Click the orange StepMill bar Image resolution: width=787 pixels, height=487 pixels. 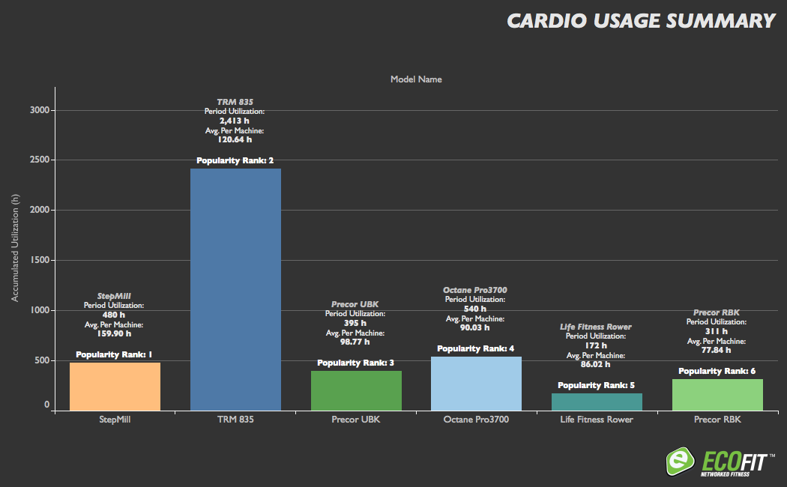click(x=115, y=387)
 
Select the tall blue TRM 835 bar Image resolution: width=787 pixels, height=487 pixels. click(x=235, y=289)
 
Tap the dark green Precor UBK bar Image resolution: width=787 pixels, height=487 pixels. click(x=356, y=390)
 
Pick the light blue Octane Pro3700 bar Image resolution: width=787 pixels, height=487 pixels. click(x=476, y=384)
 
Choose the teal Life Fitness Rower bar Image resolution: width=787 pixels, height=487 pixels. click(x=597, y=402)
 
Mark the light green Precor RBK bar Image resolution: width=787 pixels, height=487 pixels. click(x=717, y=395)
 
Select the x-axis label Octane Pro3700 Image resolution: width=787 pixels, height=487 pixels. click(x=476, y=420)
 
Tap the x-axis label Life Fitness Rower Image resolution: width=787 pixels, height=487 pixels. click(x=597, y=420)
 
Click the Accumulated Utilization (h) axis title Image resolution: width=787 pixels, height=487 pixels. click(x=15, y=247)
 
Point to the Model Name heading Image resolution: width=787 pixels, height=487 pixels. click(x=416, y=79)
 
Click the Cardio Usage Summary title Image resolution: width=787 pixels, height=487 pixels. click(x=641, y=21)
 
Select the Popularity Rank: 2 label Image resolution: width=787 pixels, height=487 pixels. click(x=235, y=160)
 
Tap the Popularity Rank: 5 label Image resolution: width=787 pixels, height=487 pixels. click(x=597, y=385)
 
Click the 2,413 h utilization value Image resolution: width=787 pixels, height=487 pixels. click(x=235, y=120)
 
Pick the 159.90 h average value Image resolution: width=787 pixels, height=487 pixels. click(x=115, y=333)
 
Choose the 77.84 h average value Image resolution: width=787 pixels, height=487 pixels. click(x=717, y=349)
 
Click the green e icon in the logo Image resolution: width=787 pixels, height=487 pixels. click(x=679, y=460)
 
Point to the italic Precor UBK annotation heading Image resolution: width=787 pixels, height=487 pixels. click(x=355, y=304)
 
